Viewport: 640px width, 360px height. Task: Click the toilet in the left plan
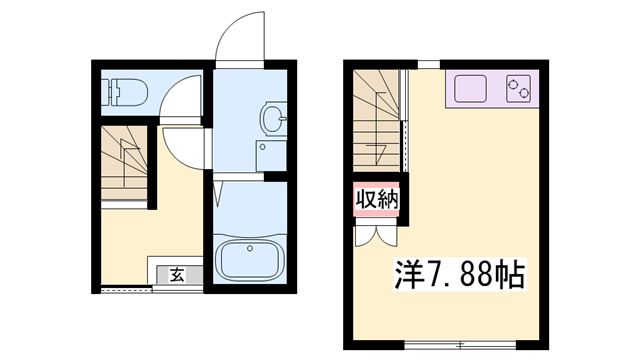[x=127, y=93]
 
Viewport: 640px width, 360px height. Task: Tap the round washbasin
[x=271, y=120]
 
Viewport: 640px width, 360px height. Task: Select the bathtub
[x=250, y=260]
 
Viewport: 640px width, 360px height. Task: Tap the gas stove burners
[x=519, y=89]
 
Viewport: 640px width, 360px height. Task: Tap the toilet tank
[x=110, y=93]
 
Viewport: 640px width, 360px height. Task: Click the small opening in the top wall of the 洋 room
[x=428, y=65]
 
